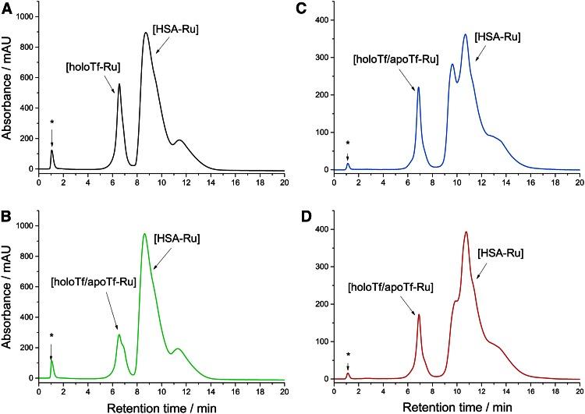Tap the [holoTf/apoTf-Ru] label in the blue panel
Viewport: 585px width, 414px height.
pos(388,58)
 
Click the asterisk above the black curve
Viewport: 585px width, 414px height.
pos(51,122)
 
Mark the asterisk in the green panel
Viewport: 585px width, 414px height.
pos(51,335)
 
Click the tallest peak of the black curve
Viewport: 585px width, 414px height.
pos(146,33)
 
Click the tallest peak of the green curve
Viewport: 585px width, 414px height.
pos(144,234)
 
